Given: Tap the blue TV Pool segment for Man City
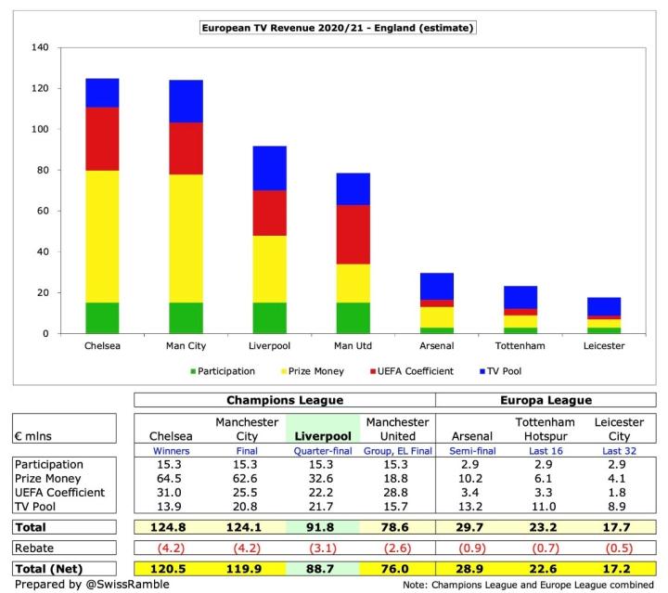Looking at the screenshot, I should tap(186, 101).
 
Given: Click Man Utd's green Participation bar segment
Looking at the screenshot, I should tap(353, 317).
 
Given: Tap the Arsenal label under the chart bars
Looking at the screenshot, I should tap(438, 346).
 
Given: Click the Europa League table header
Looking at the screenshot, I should tap(541, 401).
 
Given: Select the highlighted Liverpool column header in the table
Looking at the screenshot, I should tap(315, 434).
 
